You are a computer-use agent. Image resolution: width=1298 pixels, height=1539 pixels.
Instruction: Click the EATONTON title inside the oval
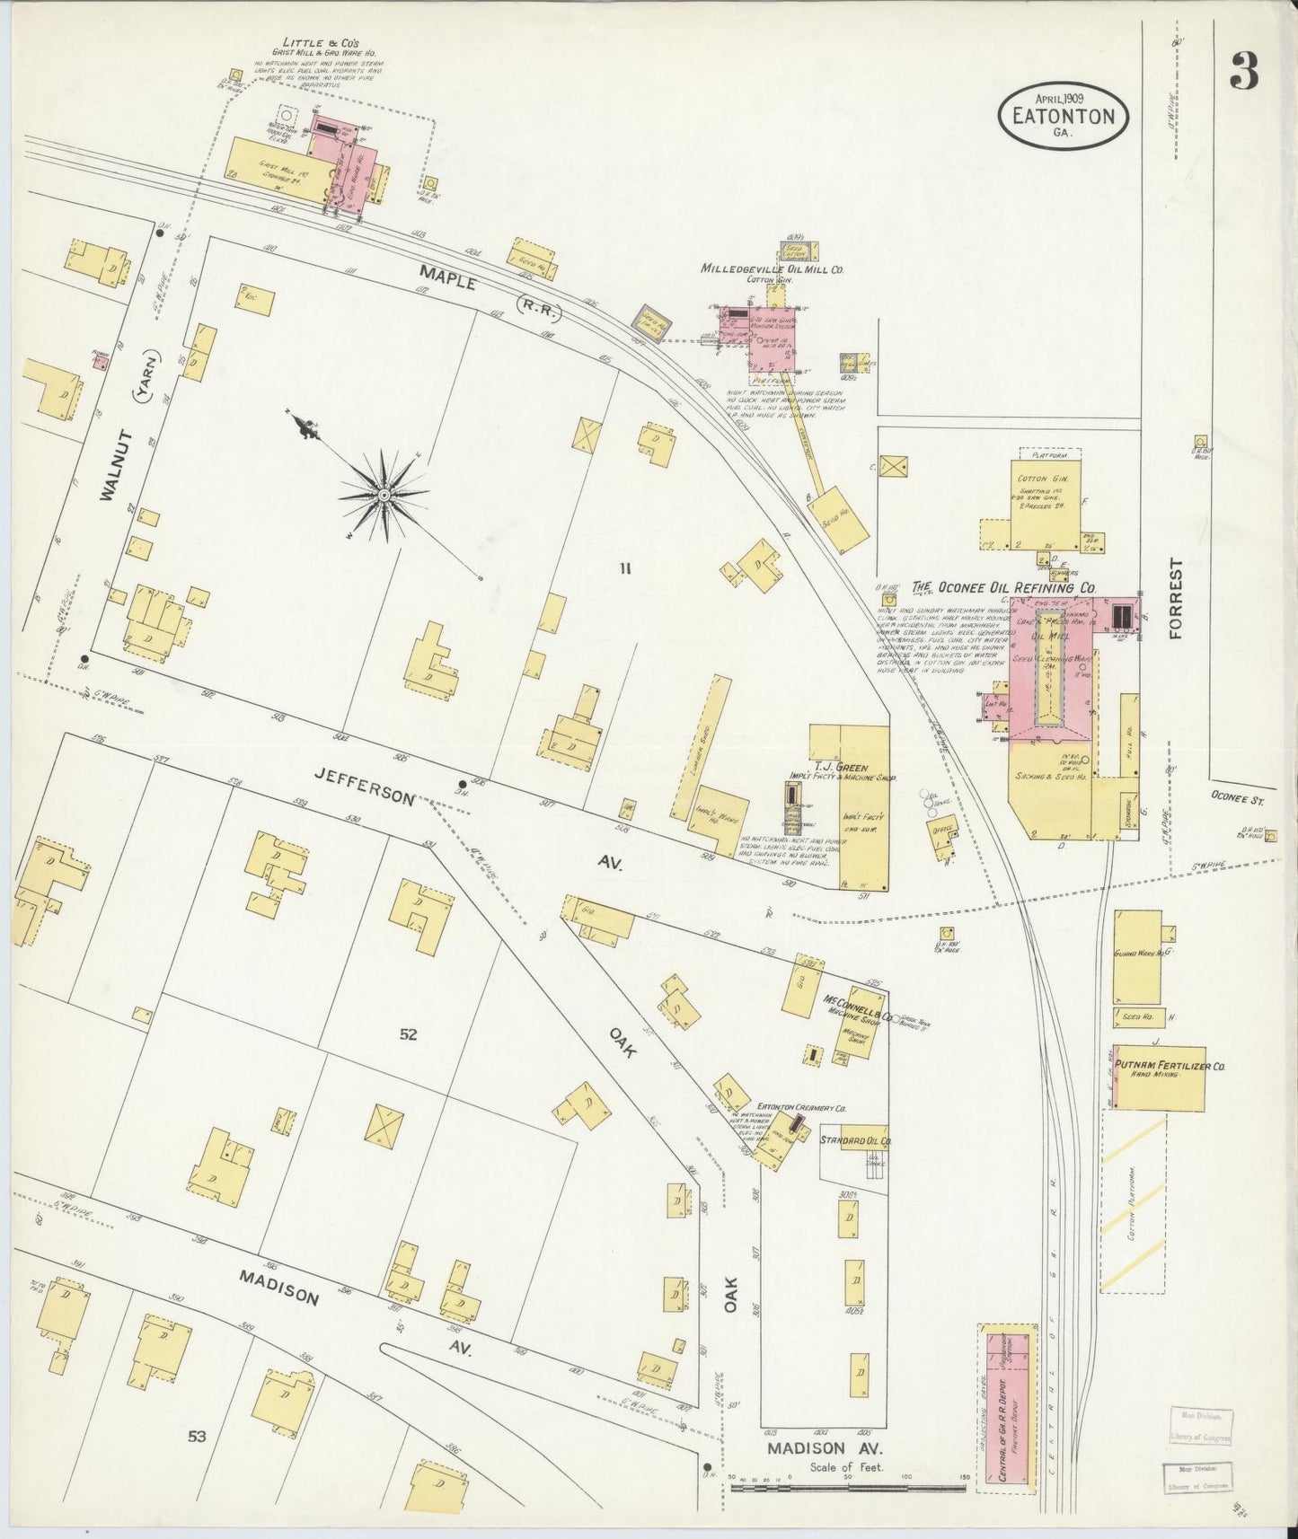click(1063, 116)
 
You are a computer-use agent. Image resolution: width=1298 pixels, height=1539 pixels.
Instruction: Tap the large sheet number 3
click(1244, 71)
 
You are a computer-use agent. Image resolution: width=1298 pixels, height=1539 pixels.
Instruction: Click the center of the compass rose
click(384, 494)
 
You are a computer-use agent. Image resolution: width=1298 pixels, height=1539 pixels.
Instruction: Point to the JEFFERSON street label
click(364, 784)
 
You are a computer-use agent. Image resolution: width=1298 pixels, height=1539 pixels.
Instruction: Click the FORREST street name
click(1176, 598)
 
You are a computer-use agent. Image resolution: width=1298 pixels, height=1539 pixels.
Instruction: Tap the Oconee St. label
click(1235, 796)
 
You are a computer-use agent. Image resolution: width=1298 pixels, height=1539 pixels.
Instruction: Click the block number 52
click(408, 1034)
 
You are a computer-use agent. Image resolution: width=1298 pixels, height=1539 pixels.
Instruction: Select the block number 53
click(197, 1436)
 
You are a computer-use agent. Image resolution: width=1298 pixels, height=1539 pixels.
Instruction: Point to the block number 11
click(626, 567)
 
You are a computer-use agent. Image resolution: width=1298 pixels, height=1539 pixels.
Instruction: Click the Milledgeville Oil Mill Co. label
click(772, 268)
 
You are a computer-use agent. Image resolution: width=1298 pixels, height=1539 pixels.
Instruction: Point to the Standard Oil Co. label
click(853, 1140)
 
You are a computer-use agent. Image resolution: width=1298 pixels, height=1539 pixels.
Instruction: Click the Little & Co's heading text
click(321, 42)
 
